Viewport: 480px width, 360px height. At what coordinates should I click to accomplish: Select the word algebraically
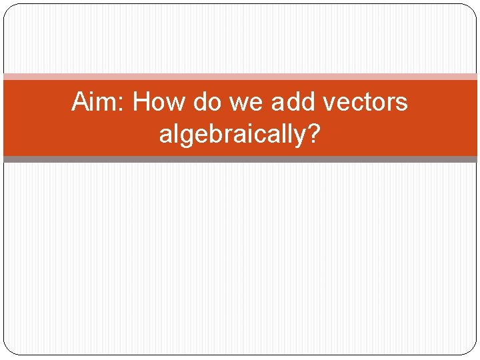point(232,135)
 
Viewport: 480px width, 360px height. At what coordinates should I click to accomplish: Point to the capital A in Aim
point(80,103)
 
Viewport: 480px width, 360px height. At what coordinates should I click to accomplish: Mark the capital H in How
point(141,103)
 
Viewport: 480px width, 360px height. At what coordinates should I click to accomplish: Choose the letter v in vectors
point(327,105)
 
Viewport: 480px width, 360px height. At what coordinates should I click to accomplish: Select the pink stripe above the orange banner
point(240,77)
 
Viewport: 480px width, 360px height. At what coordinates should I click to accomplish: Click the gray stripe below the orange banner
point(240,159)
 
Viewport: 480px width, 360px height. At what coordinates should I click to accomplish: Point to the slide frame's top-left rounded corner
point(8,8)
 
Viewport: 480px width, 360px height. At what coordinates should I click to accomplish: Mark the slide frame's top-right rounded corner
point(472,8)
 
